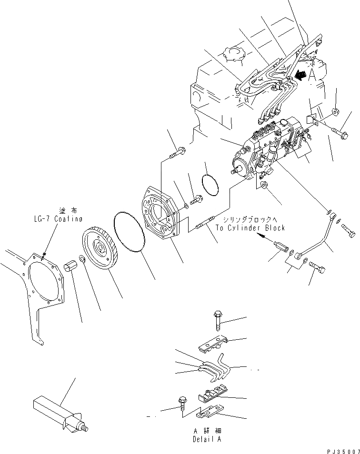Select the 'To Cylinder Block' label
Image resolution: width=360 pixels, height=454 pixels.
click(x=250, y=228)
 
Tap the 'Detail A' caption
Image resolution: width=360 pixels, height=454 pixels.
click(x=207, y=439)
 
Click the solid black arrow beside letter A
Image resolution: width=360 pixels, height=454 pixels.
click(x=299, y=74)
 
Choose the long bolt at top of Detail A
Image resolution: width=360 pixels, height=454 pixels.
click(x=217, y=320)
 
